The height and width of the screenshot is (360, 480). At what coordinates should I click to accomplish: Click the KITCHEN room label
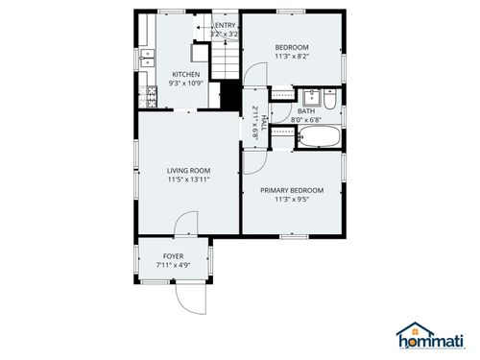[185, 74]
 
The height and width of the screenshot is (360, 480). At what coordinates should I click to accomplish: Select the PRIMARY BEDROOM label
[292, 190]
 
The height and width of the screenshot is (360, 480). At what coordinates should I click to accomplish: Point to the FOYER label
[173, 256]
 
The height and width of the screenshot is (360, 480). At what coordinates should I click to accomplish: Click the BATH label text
[305, 111]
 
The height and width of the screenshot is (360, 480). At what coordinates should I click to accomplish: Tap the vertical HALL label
[262, 124]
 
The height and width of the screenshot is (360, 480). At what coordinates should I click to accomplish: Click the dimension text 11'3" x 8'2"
[292, 57]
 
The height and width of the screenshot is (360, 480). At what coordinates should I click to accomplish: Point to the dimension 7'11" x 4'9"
[173, 266]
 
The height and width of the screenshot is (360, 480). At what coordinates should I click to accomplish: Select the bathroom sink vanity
[310, 97]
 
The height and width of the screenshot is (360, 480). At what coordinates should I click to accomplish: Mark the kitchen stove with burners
[149, 95]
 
